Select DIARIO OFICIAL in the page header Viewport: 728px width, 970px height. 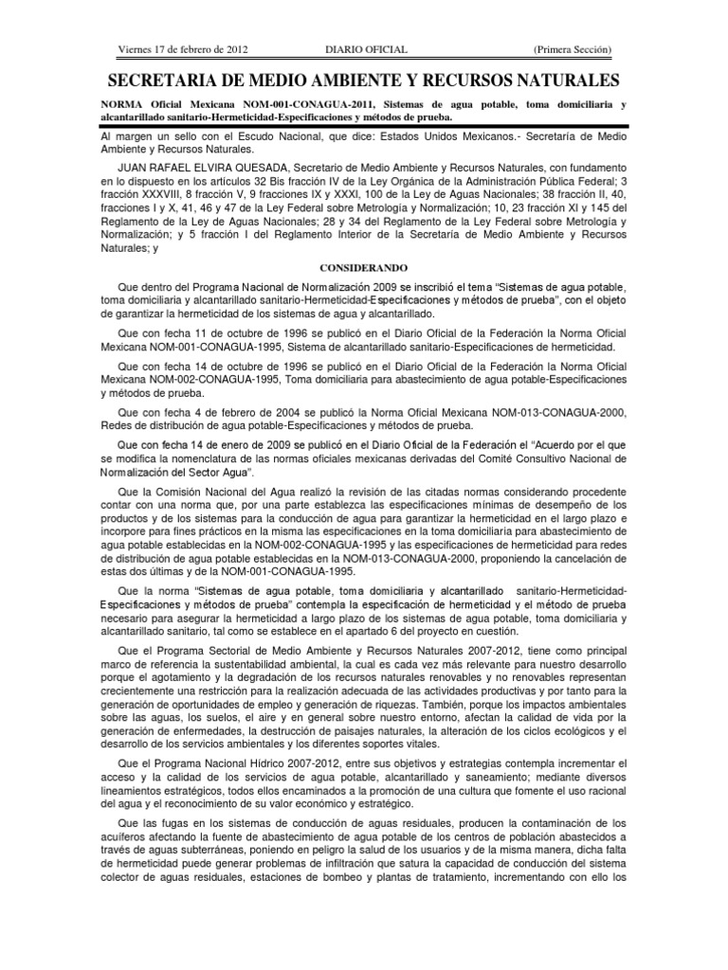(355, 49)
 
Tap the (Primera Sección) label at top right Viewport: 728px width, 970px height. (573, 49)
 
